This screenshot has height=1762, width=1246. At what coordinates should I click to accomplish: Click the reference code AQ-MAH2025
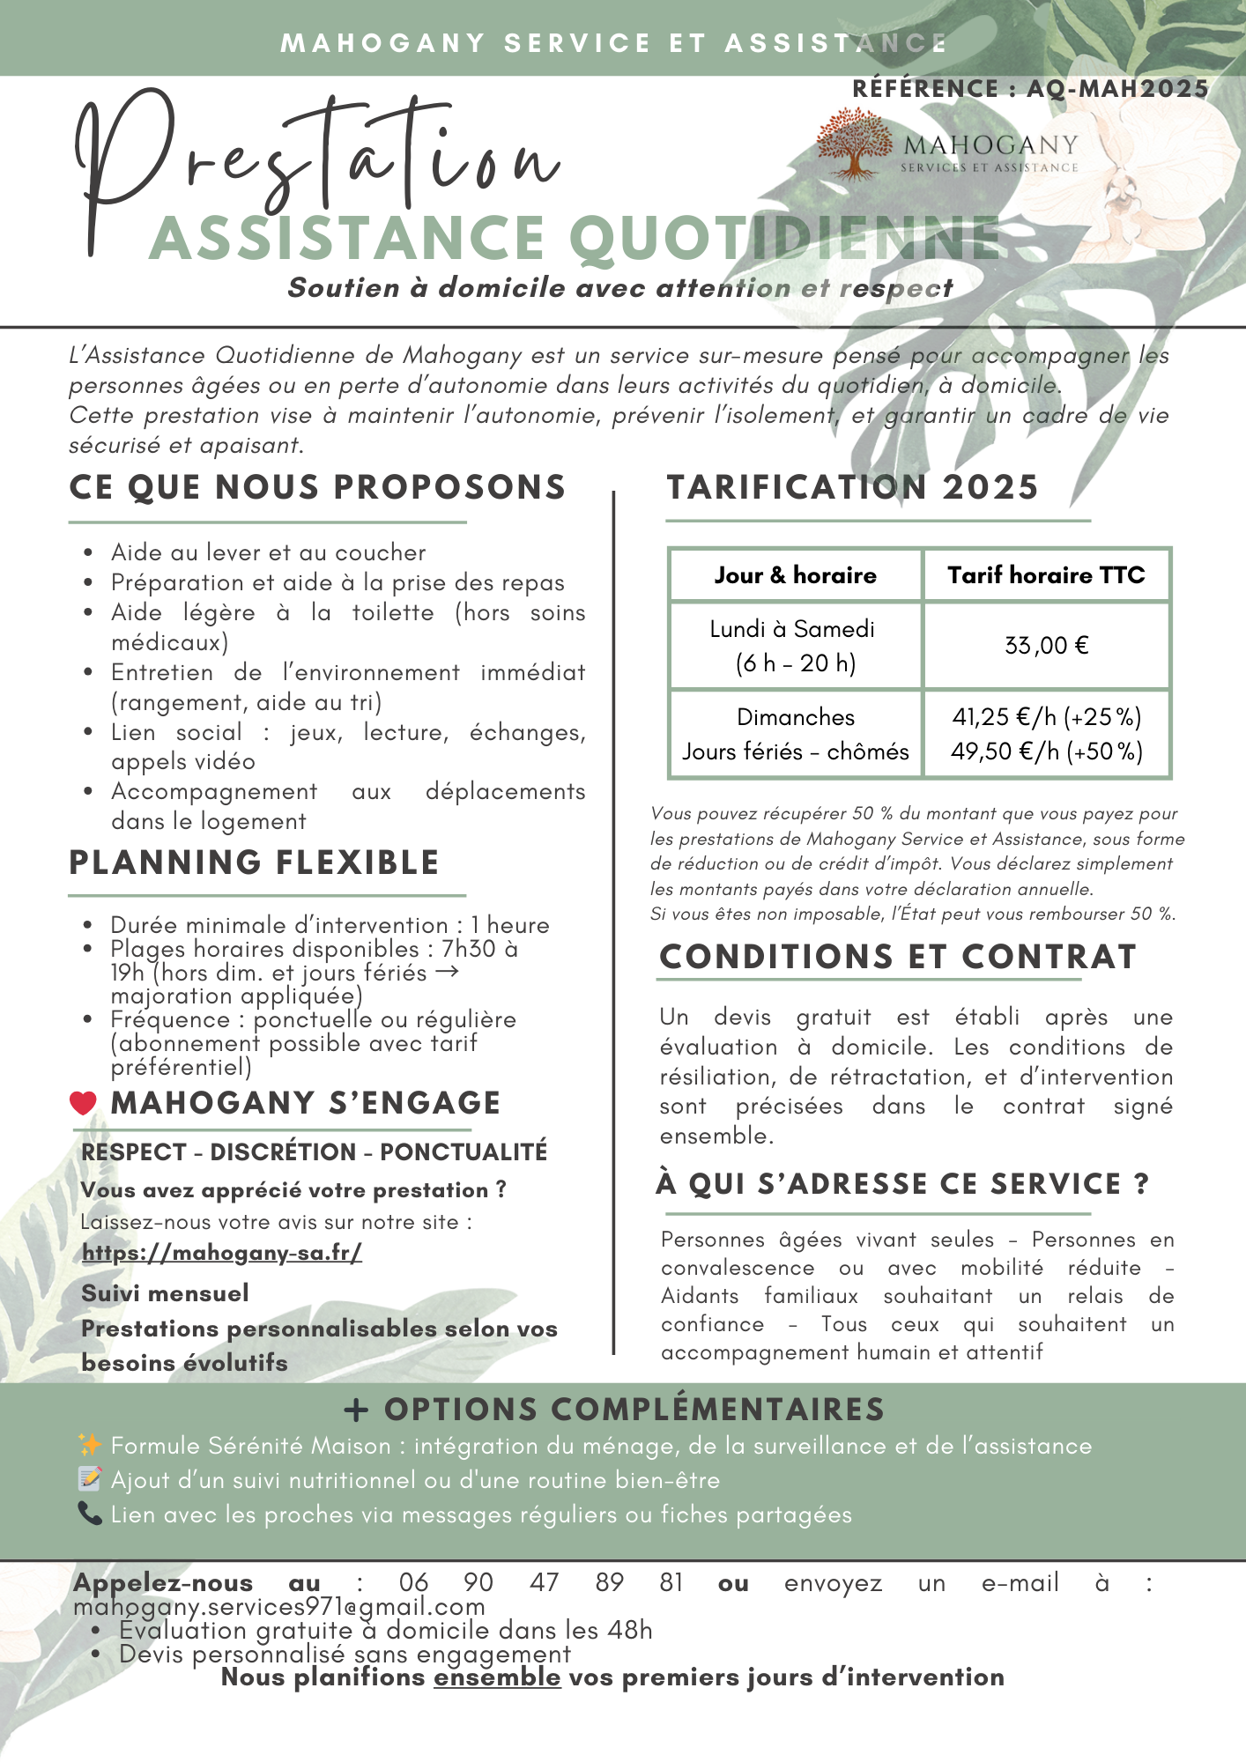coord(1117,89)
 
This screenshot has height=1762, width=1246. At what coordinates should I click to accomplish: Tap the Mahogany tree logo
coord(852,144)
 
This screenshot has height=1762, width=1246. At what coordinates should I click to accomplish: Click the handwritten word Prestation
coord(317,163)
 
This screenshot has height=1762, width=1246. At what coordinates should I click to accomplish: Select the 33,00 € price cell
coord(1046,646)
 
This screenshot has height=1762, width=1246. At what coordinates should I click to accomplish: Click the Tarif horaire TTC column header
coord(1046,575)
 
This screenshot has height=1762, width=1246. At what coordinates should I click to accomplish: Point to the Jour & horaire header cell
coord(795,575)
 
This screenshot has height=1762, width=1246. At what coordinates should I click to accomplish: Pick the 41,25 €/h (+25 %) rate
coord(1046,717)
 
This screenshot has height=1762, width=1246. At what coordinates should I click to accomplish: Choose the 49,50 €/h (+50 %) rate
coord(1046,751)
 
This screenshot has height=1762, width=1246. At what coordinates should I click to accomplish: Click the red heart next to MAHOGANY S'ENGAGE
coord(83,1103)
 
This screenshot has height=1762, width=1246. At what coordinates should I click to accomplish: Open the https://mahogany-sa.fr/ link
coord(222,1252)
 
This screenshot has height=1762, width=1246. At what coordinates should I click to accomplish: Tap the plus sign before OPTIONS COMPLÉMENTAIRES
coord(356,1410)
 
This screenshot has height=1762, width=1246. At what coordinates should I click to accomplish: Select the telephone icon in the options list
coord(90,1514)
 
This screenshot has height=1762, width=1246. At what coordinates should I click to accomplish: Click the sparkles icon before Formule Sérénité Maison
coord(90,1445)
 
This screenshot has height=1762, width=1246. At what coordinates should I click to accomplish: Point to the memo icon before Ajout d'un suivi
coord(90,1479)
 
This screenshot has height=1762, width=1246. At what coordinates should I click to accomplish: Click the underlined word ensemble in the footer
coord(496,1677)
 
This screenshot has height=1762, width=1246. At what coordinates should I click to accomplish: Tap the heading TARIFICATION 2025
coord(852,487)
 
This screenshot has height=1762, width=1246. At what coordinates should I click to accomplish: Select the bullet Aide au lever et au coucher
coord(268,552)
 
